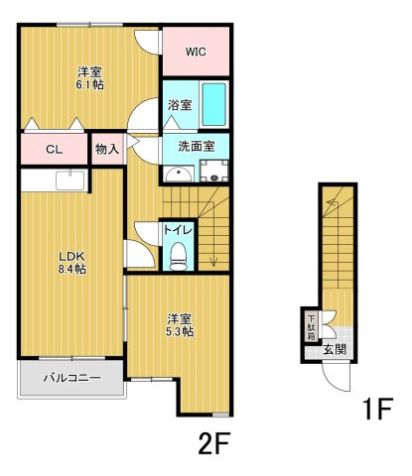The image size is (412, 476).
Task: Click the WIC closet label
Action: click(x=194, y=48)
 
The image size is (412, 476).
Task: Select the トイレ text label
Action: click(x=178, y=229)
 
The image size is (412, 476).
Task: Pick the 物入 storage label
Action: click(x=106, y=150)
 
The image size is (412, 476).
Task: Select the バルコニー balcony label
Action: click(x=71, y=377)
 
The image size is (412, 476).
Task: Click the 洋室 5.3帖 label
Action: click(x=179, y=325)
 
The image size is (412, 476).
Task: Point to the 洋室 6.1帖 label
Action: click(x=91, y=77)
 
